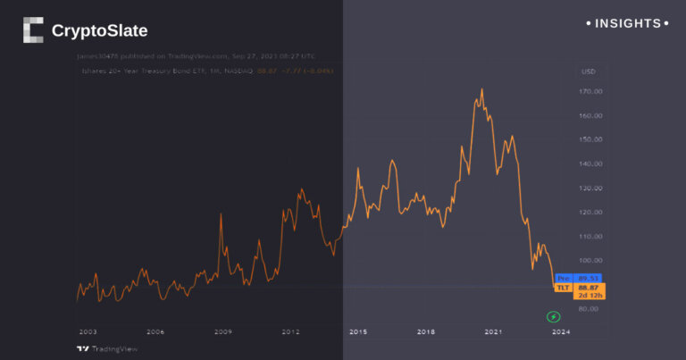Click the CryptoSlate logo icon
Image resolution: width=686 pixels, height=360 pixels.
coord(33,30)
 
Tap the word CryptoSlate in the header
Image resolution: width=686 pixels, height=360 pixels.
coord(99,31)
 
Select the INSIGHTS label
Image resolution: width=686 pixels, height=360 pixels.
coord(628,23)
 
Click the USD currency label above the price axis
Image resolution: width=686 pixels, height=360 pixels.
coord(588,71)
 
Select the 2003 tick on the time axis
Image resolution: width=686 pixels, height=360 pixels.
coord(88,331)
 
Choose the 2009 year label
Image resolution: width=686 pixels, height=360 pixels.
coord(223,331)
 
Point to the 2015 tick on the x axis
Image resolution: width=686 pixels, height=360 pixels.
coord(358,331)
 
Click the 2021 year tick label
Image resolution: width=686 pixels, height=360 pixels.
coord(493,331)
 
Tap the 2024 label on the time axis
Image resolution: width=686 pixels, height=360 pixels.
coord(560,331)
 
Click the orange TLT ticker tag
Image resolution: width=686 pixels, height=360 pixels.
coord(563,287)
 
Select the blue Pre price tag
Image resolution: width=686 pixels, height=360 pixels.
coord(563,278)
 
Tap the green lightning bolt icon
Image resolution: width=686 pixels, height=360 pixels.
coord(553,316)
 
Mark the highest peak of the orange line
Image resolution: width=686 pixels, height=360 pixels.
coord(482,89)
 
